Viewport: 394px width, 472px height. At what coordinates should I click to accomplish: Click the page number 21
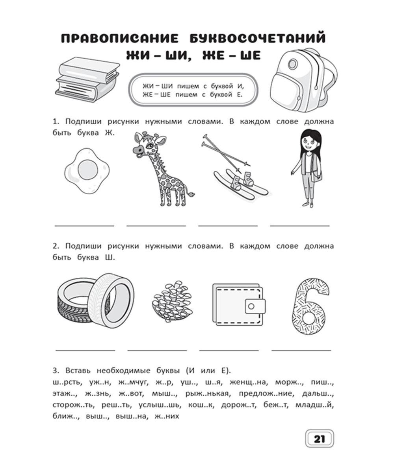[x=319, y=439]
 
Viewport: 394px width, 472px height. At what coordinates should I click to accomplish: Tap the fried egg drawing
[x=86, y=171]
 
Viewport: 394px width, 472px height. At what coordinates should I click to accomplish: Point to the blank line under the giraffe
[x=156, y=226]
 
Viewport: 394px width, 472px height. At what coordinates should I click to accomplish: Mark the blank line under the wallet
[x=229, y=350]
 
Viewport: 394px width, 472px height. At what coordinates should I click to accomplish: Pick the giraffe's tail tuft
[x=193, y=193]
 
